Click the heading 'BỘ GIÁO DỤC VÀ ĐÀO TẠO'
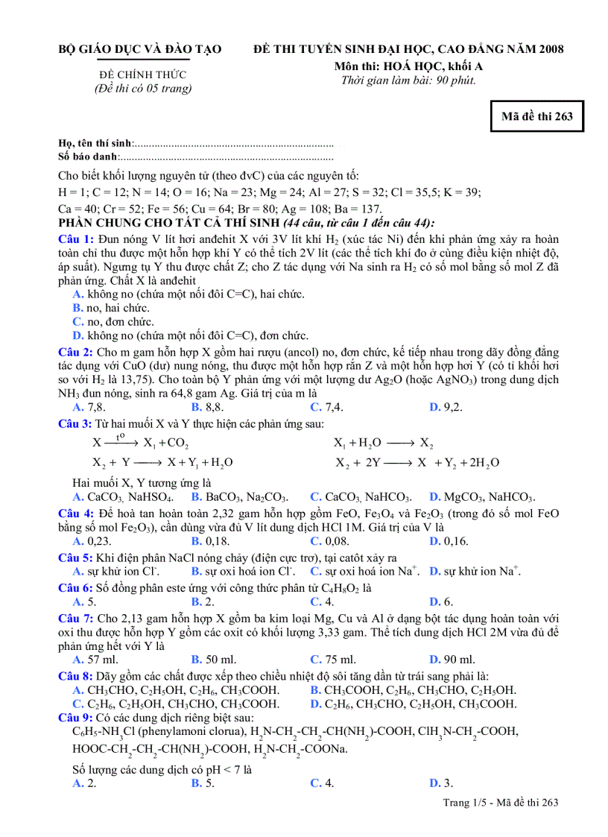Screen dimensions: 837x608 [x=140, y=49]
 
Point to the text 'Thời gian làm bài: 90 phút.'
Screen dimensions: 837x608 [x=408, y=80]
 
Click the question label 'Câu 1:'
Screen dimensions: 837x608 [x=76, y=239]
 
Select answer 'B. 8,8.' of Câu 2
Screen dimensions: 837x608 [x=208, y=407]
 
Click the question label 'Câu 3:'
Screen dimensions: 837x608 [x=76, y=423]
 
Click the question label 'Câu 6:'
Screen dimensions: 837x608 [x=76, y=587]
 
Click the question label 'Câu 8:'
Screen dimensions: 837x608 [x=76, y=676]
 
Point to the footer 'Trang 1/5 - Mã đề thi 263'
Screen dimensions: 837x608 [x=500, y=802]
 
